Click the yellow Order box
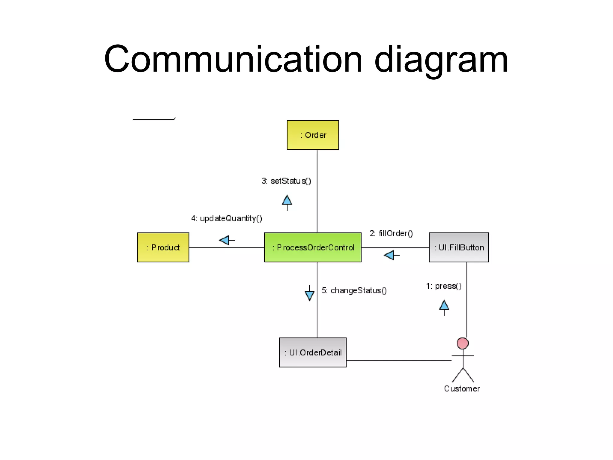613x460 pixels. pyautogui.click(x=312, y=135)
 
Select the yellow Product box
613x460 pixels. pyautogui.click(x=163, y=247)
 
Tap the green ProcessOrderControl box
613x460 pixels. pyautogui.click(x=312, y=247)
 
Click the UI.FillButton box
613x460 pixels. pyautogui.click(x=459, y=247)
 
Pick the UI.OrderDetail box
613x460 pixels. pyautogui.click(x=312, y=352)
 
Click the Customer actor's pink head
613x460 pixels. pyautogui.click(x=462, y=343)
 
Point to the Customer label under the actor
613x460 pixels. pyautogui.click(x=462, y=388)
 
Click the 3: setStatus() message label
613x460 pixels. pyautogui.click(x=286, y=181)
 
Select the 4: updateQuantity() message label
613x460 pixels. pyautogui.click(x=227, y=218)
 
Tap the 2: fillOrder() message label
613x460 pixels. pyautogui.click(x=391, y=233)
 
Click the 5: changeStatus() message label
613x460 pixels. pyautogui.click(x=354, y=290)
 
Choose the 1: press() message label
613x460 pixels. pyautogui.click(x=444, y=286)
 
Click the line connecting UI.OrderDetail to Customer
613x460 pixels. pyautogui.click(x=398, y=360)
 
